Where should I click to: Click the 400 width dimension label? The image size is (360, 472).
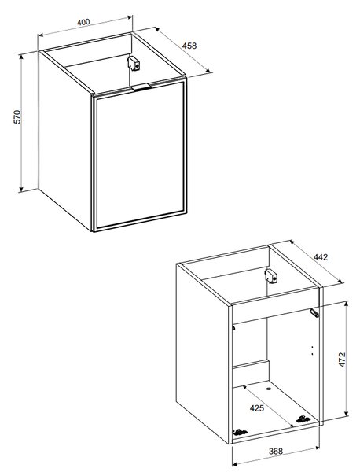tap(83, 22)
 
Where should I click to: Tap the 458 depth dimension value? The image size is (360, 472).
tap(189, 46)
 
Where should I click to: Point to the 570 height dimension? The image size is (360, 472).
tap(18, 116)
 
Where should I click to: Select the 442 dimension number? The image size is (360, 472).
tap(321, 257)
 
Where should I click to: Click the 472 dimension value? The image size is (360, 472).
tap(342, 360)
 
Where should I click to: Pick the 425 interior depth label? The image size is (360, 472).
tap(257, 408)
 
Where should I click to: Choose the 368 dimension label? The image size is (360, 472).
tap(276, 452)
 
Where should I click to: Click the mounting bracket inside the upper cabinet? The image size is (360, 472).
tap(134, 64)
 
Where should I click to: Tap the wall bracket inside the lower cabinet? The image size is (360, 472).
tap(271, 276)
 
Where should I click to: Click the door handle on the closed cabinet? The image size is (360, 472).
tap(141, 87)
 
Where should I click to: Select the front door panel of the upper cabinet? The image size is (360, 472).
tap(140, 154)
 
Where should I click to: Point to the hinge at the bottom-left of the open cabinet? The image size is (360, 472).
tap(241, 433)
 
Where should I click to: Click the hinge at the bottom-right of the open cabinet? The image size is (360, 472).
tap(303, 419)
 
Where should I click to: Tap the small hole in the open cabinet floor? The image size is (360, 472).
tap(269, 389)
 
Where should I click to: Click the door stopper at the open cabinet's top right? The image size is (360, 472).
tap(314, 313)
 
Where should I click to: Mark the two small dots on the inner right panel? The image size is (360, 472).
tap(313, 350)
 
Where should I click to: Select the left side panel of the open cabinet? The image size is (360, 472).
tap(203, 352)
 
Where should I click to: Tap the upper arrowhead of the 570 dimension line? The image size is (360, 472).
tap(21, 57)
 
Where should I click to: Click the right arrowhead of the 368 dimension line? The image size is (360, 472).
tap(317, 448)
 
